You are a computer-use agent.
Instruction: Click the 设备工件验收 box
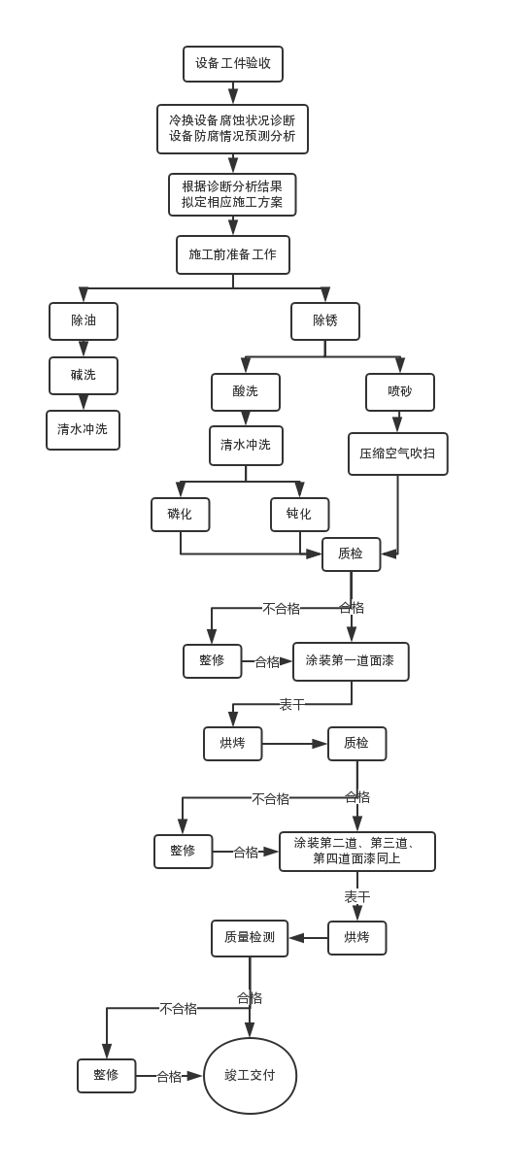pos(233,64)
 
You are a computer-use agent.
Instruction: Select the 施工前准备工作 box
pos(233,254)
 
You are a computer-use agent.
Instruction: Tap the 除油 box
pos(84,321)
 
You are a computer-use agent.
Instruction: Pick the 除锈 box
pos(325,321)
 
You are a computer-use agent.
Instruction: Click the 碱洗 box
pos(84,376)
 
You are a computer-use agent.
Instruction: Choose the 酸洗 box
pos(246,392)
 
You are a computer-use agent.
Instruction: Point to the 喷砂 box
pos(400,392)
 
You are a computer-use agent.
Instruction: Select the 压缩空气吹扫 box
pos(398,453)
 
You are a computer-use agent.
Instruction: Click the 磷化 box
pos(181,515)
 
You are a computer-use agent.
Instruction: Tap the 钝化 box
pos(300,515)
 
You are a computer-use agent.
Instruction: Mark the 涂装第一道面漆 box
pos(351,661)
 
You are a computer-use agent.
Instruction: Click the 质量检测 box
pos(250,938)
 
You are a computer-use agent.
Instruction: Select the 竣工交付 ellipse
pos(250,1076)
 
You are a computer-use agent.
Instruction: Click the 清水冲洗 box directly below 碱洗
pos(84,430)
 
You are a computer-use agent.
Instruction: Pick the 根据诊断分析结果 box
pos(232,194)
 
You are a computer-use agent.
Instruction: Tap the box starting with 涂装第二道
pos(357,852)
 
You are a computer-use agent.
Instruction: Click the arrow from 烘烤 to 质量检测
pos(309,938)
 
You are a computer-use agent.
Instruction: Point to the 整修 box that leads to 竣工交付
pos(107,1076)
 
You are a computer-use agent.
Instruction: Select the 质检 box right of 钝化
pos(351,554)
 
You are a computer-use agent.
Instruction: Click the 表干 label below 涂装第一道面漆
pos(292,705)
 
